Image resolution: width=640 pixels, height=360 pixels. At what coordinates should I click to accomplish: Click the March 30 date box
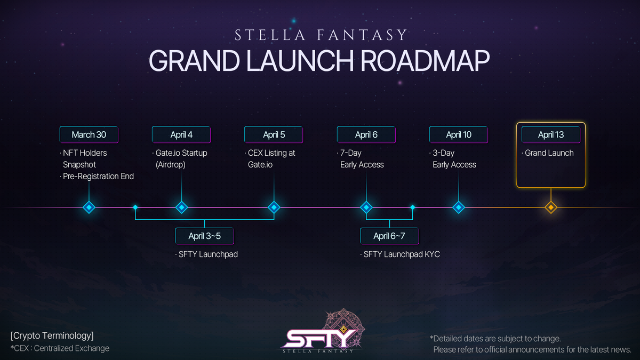pyautogui.click(x=89, y=134)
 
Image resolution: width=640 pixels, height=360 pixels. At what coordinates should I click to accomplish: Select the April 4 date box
pyautogui.click(x=181, y=134)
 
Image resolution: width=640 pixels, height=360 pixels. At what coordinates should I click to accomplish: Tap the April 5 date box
pyautogui.click(x=274, y=134)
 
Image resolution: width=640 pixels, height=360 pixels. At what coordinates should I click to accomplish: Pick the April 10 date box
pyautogui.click(x=459, y=134)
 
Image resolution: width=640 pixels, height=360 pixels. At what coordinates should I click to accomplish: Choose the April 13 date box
pyautogui.click(x=551, y=134)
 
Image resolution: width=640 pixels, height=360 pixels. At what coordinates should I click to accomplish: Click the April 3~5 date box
pyautogui.click(x=205, y=236)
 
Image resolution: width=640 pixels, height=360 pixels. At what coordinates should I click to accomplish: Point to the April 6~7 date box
pyautogui.click(x=389, y=236)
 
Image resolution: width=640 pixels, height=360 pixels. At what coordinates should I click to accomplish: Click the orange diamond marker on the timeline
pyautogui.click(x=551, y=207)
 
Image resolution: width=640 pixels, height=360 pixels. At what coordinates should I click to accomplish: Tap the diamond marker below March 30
pyautogui.click(x=89, y=207)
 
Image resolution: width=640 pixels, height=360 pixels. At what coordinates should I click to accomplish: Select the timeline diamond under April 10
pyautogui.click(x=459, y=207)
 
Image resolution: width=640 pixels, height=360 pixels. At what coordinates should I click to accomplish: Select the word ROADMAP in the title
pyautogui.click(x=425, y=61)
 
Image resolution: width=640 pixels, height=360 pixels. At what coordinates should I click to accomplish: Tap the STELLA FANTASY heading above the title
pyautogui.click(x=321, y=35)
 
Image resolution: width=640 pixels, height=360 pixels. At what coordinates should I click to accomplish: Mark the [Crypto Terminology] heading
pyautogui.click(x=52, y=335)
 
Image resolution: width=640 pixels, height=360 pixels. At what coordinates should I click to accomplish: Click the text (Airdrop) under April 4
pyautogui.click(x=171, y=165)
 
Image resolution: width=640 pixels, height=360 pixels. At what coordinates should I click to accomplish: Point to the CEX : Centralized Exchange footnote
pyautogui.click(x=60, y=348)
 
